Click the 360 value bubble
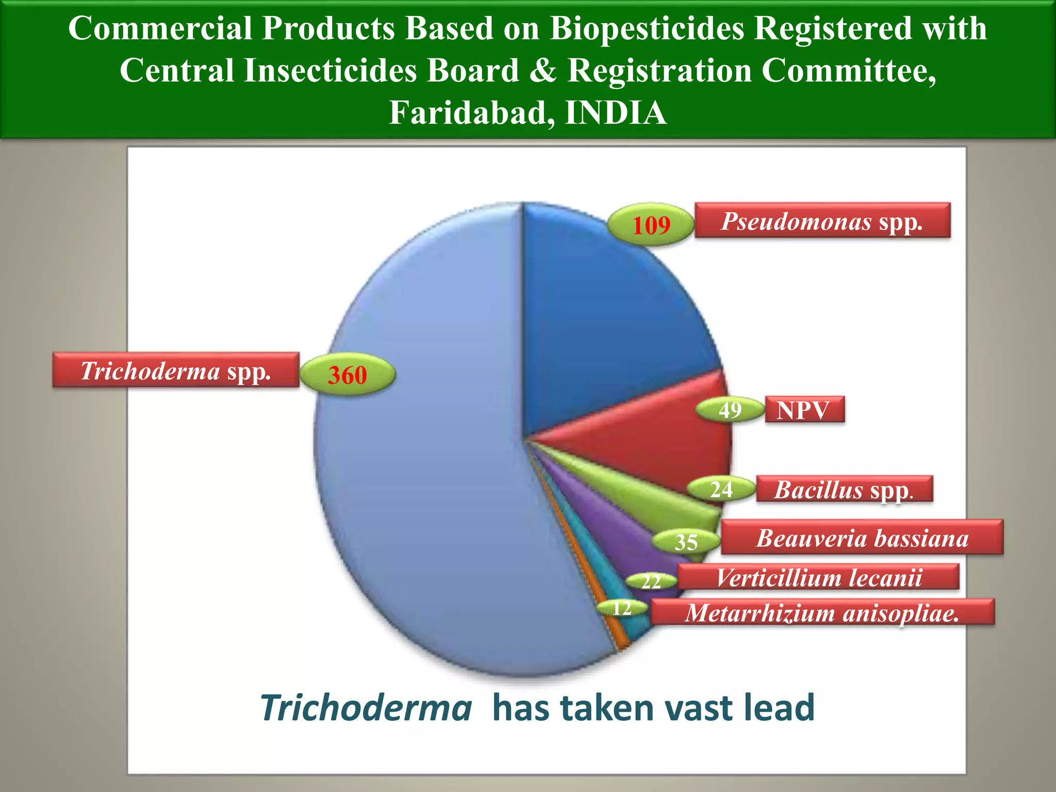348,374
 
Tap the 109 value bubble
651,225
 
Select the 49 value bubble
730,410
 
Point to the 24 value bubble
721,489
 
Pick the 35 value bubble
686,542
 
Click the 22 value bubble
651,582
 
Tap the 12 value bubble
622,608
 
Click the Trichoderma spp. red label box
176,370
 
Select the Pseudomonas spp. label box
822,221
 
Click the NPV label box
804,410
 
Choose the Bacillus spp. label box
844,489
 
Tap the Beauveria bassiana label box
862,537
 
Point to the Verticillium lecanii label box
818,577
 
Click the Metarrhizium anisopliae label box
822,612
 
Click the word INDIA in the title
616,112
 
